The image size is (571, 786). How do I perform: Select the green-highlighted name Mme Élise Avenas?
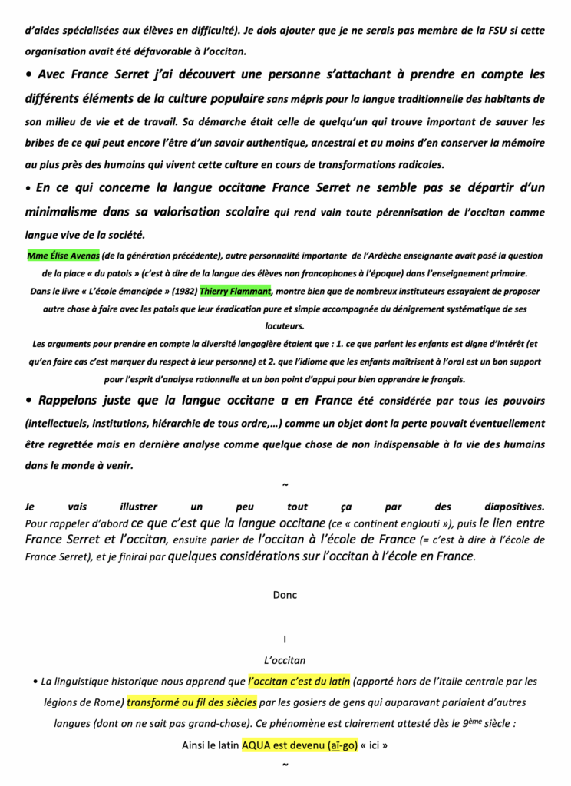click(x=63, y=256)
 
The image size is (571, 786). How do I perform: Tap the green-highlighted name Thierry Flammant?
click(x=236, y=291)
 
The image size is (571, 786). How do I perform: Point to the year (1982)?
click(x=180, y=291)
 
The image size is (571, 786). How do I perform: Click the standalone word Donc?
click(x=285, y=595)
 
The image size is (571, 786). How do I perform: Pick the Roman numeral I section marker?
click(x=285, y=638)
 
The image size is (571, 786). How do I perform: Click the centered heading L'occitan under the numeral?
click(x=285, y=659)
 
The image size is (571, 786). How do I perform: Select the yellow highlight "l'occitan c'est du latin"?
click(x=299, y=681)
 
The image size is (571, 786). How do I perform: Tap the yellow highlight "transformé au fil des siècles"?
click(x=192, y=702)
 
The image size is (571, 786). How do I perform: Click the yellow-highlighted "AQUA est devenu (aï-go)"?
click(x=299, y=745)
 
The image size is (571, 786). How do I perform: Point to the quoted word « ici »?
click(x=374, y=745)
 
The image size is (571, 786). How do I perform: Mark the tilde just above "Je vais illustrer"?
click(x=285, y=484)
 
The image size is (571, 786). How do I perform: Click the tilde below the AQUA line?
click(x=285, y=765)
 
